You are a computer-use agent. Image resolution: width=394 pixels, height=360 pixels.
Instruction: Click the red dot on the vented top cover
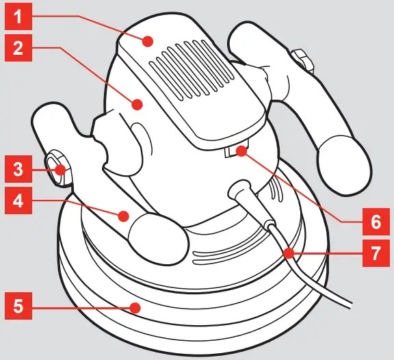[148, 42]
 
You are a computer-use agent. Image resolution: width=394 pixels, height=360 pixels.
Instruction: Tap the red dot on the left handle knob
[61, 168]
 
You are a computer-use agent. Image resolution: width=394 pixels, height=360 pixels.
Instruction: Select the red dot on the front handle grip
[123, 217]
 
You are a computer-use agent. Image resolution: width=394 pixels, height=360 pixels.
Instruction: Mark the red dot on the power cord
[289, 253]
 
